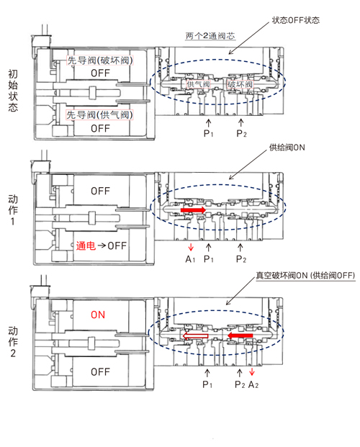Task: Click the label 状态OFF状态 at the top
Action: [x=295, y=20]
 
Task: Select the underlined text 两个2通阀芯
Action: [x=210, y=36]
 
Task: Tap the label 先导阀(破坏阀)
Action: [x=100, y=60]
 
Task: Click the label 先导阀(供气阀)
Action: [x=100, y=115]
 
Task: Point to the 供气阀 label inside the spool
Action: [x=198, y=84]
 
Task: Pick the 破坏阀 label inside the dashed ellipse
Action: [x=240, y=84]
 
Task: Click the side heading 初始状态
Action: [x=13, y=91]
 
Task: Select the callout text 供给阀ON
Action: [x=287, y=148]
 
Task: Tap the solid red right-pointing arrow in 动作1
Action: [x=193, y=210]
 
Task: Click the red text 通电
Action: [x=86, y=245]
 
